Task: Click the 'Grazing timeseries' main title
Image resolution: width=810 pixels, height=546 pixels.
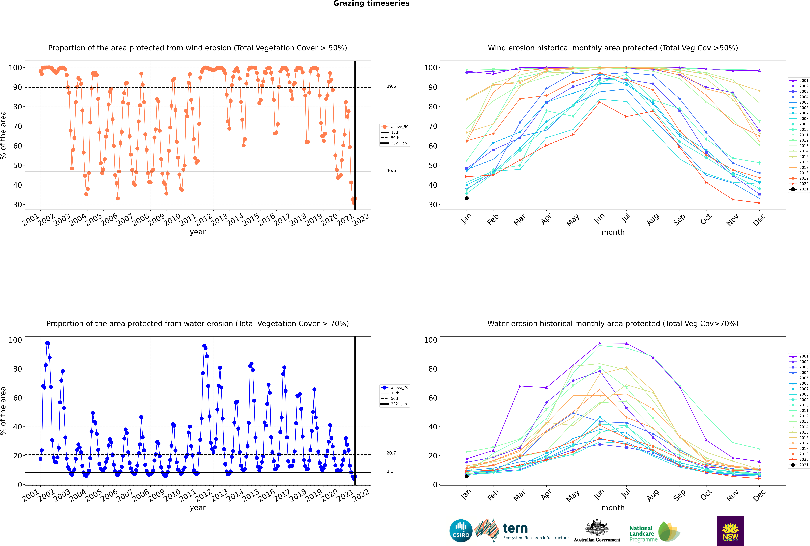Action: click(x=371, y=3)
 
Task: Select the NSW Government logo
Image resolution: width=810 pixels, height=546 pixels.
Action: click(x=730, y=531)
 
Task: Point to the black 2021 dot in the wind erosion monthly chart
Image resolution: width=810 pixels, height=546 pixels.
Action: click(x=467, y=199)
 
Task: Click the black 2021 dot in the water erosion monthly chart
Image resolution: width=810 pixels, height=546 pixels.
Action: click(x=467, y=476)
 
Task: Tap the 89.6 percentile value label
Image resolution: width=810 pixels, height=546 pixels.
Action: click(x=391, y=86)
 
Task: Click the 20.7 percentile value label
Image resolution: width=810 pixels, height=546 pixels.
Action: click(x=391, y=453)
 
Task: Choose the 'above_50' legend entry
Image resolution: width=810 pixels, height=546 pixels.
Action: click(x=395, y=127)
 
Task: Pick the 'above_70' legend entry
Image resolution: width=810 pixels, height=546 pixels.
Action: click(x=395, y=388)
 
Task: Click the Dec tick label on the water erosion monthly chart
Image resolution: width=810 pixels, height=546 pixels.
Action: click(x=759, y=495)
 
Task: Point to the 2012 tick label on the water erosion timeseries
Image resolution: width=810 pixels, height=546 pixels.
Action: click(x=204, y=496)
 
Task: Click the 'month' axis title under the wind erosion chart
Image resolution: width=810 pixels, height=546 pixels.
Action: click(x=613, y=232)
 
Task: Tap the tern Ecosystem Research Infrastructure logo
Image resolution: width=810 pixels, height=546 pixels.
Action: click(x=521, y=531)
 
